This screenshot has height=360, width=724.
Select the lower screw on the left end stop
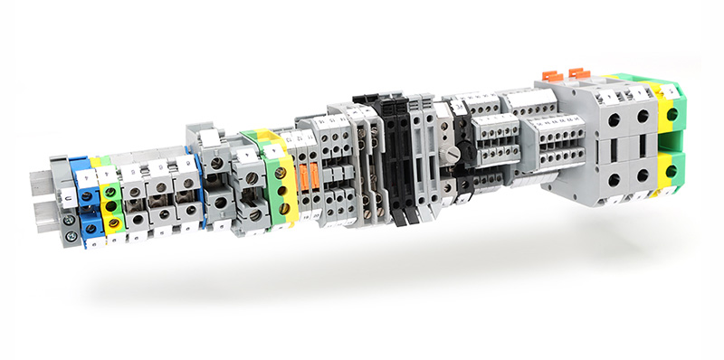69,236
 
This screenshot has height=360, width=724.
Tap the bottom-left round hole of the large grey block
614,180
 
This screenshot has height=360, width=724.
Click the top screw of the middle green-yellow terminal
281,172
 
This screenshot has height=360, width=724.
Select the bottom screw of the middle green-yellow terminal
282,209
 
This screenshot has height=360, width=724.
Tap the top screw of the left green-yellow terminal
111,194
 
